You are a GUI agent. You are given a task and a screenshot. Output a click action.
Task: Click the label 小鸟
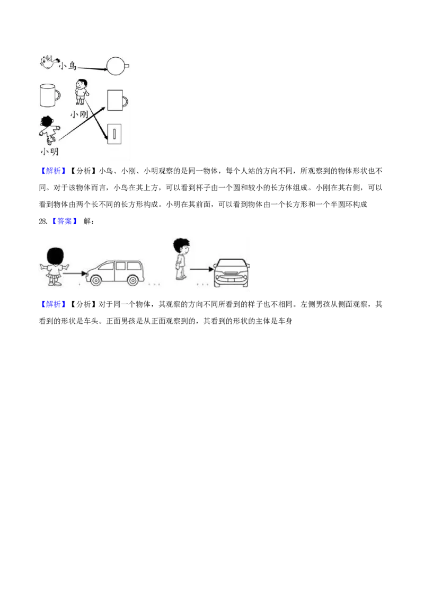(x=68, y=66)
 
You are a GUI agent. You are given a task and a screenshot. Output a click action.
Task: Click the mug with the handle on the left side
(x=49, y=95)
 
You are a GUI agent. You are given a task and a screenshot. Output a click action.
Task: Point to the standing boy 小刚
(x=81, y=92)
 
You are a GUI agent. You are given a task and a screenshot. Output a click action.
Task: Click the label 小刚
(x=79, y=114)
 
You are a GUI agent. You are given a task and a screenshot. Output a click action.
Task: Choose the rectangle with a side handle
(x=116, y=100)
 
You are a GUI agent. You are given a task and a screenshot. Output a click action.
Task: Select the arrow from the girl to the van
(x=75, y=273)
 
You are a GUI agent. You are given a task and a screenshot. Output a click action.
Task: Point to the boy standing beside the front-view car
(x=181, y=259)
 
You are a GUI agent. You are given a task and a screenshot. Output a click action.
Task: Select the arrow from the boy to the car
(x=200, y=269)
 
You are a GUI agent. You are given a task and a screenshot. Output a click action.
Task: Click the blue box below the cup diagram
(x=53, y=172)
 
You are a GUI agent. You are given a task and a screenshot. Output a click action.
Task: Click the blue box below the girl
(x=53, y=304)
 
